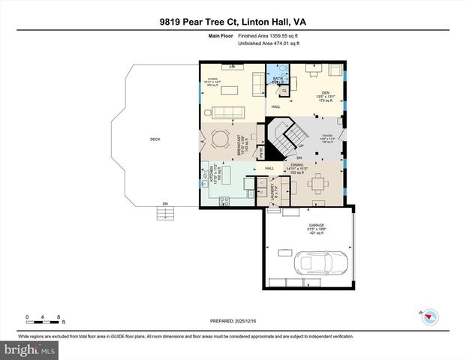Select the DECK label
(155, 139)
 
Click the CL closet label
(285, 91)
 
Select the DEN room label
(315, 92)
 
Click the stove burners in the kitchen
(224, 199)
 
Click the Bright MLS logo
(30, 349)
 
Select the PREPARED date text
(233, 321)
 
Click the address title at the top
(233, 23)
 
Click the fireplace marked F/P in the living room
(233, 67)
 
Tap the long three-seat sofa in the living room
(230, 114)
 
